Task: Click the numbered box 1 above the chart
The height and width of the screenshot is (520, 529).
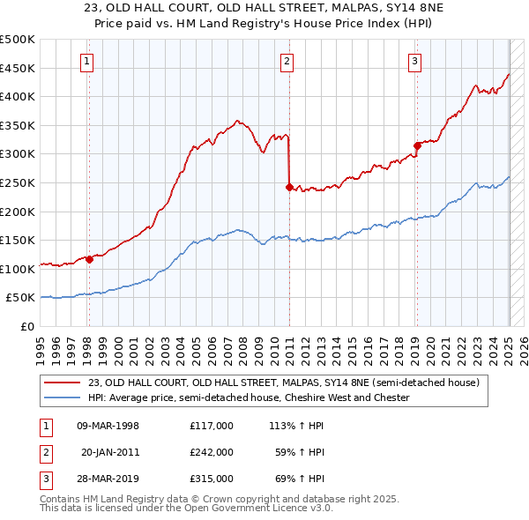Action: (x=88, y=61)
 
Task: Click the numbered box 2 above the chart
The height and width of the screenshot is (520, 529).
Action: (x=287, y=61)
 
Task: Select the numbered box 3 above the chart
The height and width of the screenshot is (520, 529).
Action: (x=414, y=61)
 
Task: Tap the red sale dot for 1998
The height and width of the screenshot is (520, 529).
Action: (x=89, y=259)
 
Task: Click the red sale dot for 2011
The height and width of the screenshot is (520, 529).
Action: (x=289, y=187)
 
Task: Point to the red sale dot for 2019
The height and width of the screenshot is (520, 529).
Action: (x=417, y=145)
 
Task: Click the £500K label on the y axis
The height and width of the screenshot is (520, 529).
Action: (x=18, y=40)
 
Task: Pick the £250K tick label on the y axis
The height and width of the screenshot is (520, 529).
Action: (x=18, y=182)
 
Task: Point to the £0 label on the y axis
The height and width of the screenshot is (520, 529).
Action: (x=27, y=326)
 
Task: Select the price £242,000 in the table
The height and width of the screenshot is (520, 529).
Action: (x=212, y=452)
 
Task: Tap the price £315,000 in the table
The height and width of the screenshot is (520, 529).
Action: (x=212, y=479)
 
